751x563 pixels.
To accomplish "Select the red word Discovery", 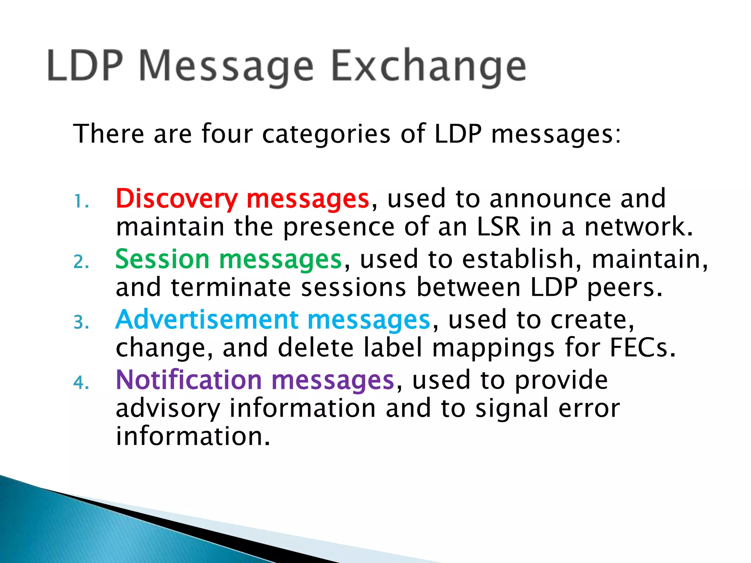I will (x=176, y=199).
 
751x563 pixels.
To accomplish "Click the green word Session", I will (x=162, y=260).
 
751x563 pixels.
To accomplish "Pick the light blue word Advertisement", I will (x=207, y=320).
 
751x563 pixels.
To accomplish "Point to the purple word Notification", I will (x=188, y=380).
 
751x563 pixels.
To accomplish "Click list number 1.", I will (x=81, y=202).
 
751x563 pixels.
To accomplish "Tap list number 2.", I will (x=81, y=262).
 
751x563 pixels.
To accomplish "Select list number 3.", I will (x=81, y=323).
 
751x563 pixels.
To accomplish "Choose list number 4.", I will (x=81, y=383).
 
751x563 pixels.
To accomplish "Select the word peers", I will (x=625, y=288).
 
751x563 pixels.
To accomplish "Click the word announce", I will (x=550, y=199).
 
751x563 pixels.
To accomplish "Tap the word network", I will (x=638, y=227).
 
